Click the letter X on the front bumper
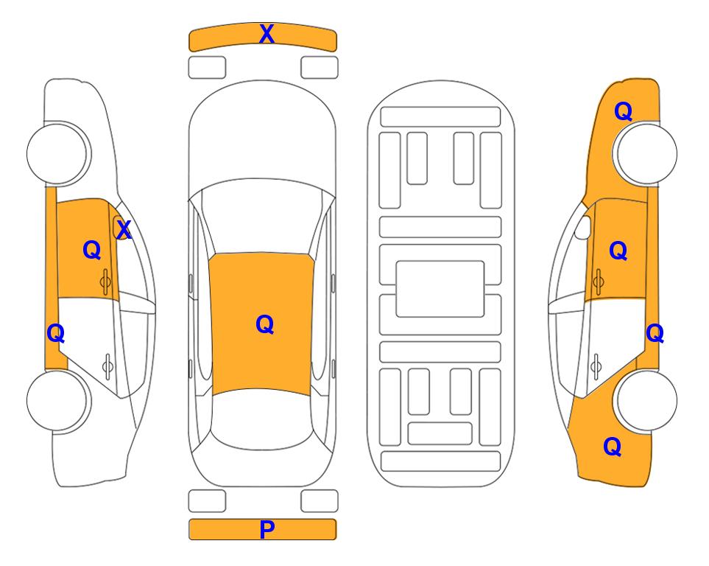tap(267, 34)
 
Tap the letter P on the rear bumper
tap(267, 529)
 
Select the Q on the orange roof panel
tap(265, 324)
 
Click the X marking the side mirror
tap(124, 230)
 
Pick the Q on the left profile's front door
tap(92, 250)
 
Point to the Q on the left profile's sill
tap(56, 333)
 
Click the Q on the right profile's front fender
tap(623, 111)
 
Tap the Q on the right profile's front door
tap(618, 251)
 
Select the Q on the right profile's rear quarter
tap(613, 447)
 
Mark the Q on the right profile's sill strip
tap(655, 333)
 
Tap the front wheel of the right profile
tap(646, 153)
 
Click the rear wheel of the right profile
tap(646, 400)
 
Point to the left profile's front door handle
tap(106, 282)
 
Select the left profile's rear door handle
tap(107, 366)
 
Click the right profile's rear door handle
tap(596, 366)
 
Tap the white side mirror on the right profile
tap(583, 227)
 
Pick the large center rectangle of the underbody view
tap(440, 289)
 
